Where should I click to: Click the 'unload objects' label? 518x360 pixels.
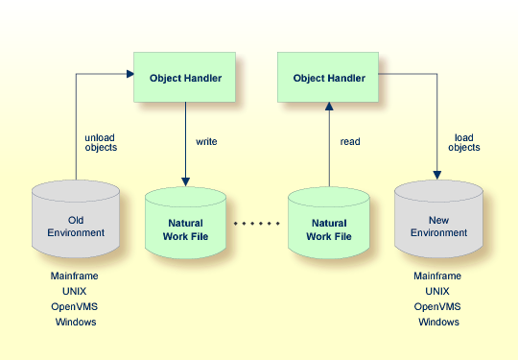[x=101, y=142]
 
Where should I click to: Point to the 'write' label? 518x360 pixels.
[x=206, y=142]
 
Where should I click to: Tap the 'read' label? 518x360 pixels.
[x=350, y=142]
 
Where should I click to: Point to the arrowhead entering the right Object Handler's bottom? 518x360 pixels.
[x=329, y=108]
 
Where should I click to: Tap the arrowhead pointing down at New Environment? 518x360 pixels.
[x=438, y=176]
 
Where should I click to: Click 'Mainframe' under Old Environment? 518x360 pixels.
[x=75, y=276]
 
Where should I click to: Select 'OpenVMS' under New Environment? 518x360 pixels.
[x=438, y=306]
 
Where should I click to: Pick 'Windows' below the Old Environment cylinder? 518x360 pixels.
[x=75, y=322]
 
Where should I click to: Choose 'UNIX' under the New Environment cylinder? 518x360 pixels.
[x=438, y=291]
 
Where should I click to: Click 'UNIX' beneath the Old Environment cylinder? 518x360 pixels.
[x=75, y=291]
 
